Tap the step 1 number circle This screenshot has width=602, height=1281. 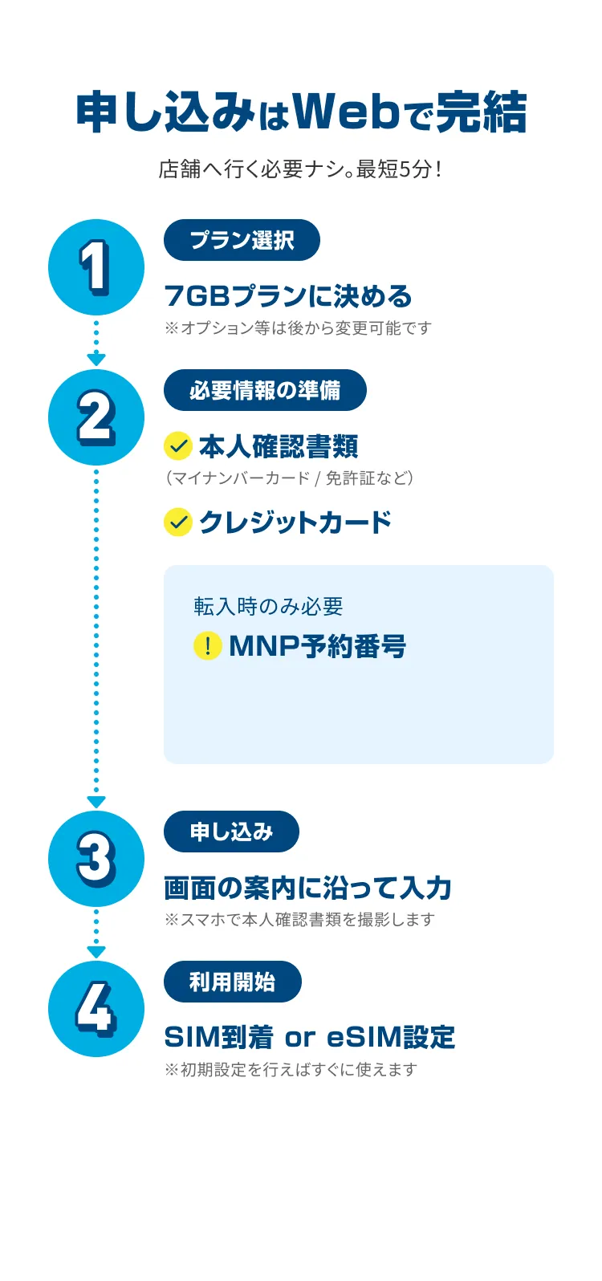tap(96, 267)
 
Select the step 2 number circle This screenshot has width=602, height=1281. tap(96, 417)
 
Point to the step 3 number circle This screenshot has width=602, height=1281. tap(96, 859)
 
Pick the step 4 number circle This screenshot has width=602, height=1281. tap(96, 1009)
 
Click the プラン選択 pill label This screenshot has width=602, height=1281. tap(242, 240)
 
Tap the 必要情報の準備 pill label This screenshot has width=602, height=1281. tap(265, 390)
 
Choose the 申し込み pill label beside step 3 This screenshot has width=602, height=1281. tap(231, 832)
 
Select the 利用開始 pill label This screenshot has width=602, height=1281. tap(232, 982)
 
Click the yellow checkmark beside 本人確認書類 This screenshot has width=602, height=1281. tap(177, 446)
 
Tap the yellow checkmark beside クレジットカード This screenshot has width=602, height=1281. tap(177, 523)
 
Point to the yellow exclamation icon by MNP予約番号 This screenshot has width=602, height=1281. tap(208, 646)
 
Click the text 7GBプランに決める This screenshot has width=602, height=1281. tap(287, 296)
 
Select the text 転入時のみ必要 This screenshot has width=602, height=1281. tap(268, 606)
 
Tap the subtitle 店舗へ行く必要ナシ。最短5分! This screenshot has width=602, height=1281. tap(300, 169)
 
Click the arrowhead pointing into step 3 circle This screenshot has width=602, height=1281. tap(96, 802)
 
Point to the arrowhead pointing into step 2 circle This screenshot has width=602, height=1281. tap(96, 360)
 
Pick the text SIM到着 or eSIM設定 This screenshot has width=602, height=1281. tap(309, 1037)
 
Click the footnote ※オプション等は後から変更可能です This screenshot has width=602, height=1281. tap(298, 328)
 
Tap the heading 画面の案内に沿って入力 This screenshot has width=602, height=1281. tap(307, 888)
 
